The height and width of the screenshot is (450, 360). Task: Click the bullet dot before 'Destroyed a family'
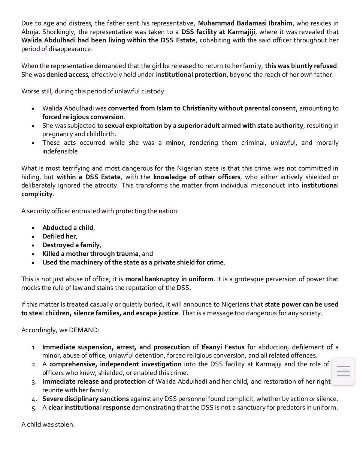[x=33, y=245]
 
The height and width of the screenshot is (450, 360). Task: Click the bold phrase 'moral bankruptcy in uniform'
[x=169, y=279]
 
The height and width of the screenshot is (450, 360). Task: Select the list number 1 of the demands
[x=33, y=347]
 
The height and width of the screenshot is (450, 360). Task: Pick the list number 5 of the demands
[x=33, y=407]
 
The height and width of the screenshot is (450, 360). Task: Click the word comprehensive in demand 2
[x=72, y=364]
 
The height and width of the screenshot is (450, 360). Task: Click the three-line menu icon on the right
[x=343, y=371]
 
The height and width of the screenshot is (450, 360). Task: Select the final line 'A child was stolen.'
[x=48, y=425]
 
